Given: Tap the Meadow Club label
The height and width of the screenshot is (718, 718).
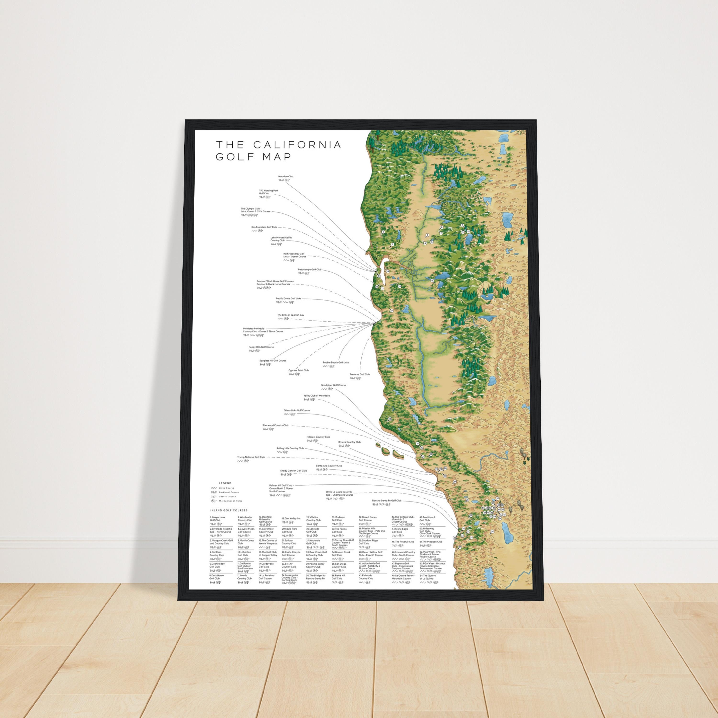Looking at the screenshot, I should [x=286, y=177].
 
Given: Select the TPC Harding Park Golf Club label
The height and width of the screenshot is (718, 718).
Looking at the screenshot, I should [x=268, y=192].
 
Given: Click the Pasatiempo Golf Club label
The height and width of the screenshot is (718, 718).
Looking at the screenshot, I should [x=309, y=269].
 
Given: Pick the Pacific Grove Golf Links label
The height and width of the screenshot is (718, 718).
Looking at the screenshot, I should [x=288, y=298].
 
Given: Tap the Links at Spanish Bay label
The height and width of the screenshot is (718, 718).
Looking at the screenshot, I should [x=290, y=315].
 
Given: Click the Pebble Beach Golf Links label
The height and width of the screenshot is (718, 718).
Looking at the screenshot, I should [x=336, y=362].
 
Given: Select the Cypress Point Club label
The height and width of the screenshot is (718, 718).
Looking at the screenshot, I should [x=298, y=370].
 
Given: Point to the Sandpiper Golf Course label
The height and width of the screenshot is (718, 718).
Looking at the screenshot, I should [x=333, y=385].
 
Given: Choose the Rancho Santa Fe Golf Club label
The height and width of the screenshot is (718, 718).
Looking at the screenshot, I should [x=387, y=501].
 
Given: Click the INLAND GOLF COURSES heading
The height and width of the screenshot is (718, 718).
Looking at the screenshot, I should [x=229, y=510].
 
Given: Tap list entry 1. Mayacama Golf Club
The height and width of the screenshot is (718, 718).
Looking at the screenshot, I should [x=217, y=518].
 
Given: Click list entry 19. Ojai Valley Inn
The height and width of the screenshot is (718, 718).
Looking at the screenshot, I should [x=291, y=518].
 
